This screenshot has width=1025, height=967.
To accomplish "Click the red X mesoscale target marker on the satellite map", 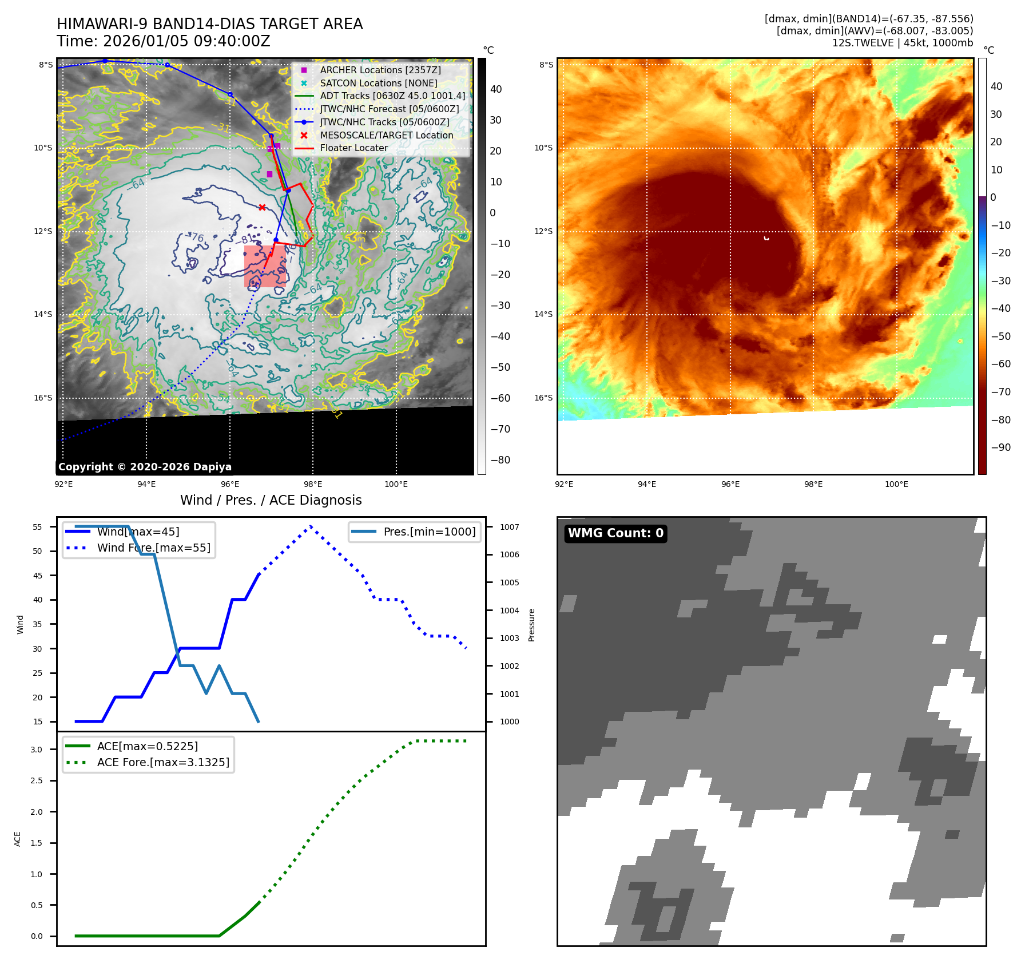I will pyautogui.click(x=262, y=207).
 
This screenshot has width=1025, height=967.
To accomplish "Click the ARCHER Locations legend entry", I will pyautogui.click(x=380, y=70).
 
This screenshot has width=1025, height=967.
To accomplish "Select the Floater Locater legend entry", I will pyautogui.click(x=353, y=148).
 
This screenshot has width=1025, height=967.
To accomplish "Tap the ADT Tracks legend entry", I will pyautogui.click(x=392, y=96).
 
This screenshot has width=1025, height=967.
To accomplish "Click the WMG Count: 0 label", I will pyautogui.click(x=615, y=533).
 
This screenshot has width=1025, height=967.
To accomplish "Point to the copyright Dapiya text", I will pyautogui.click(x=145, y=467).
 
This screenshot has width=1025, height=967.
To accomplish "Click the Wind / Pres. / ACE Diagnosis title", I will pyautogui.click(x=271, y=500).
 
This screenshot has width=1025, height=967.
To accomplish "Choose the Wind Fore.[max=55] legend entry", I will pyautogui.click(x=153, y=548).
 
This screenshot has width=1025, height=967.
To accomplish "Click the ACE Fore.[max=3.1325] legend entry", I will pyautogui.click(x=163, y=762).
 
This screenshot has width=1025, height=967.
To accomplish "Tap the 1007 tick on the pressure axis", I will pyautogui.click(x=509, y=527).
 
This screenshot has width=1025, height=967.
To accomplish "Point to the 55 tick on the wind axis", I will pyautogui.click(x=38, y=527).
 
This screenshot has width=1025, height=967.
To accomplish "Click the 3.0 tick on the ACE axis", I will pyautogui.click(x=37, y=750).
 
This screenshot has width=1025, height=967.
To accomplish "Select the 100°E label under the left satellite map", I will pyautogui.click(x=396, y=484).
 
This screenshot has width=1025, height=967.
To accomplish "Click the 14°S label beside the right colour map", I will pyautogui.click(x=543, y=314).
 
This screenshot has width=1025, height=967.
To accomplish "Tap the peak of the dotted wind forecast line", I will pyautogui.click(x=311, y=526).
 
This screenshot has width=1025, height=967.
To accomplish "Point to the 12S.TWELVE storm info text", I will pyautogui.click(x=902, y=43).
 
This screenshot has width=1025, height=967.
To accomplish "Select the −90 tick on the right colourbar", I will pyautogui.click(x=1000, y=447).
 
